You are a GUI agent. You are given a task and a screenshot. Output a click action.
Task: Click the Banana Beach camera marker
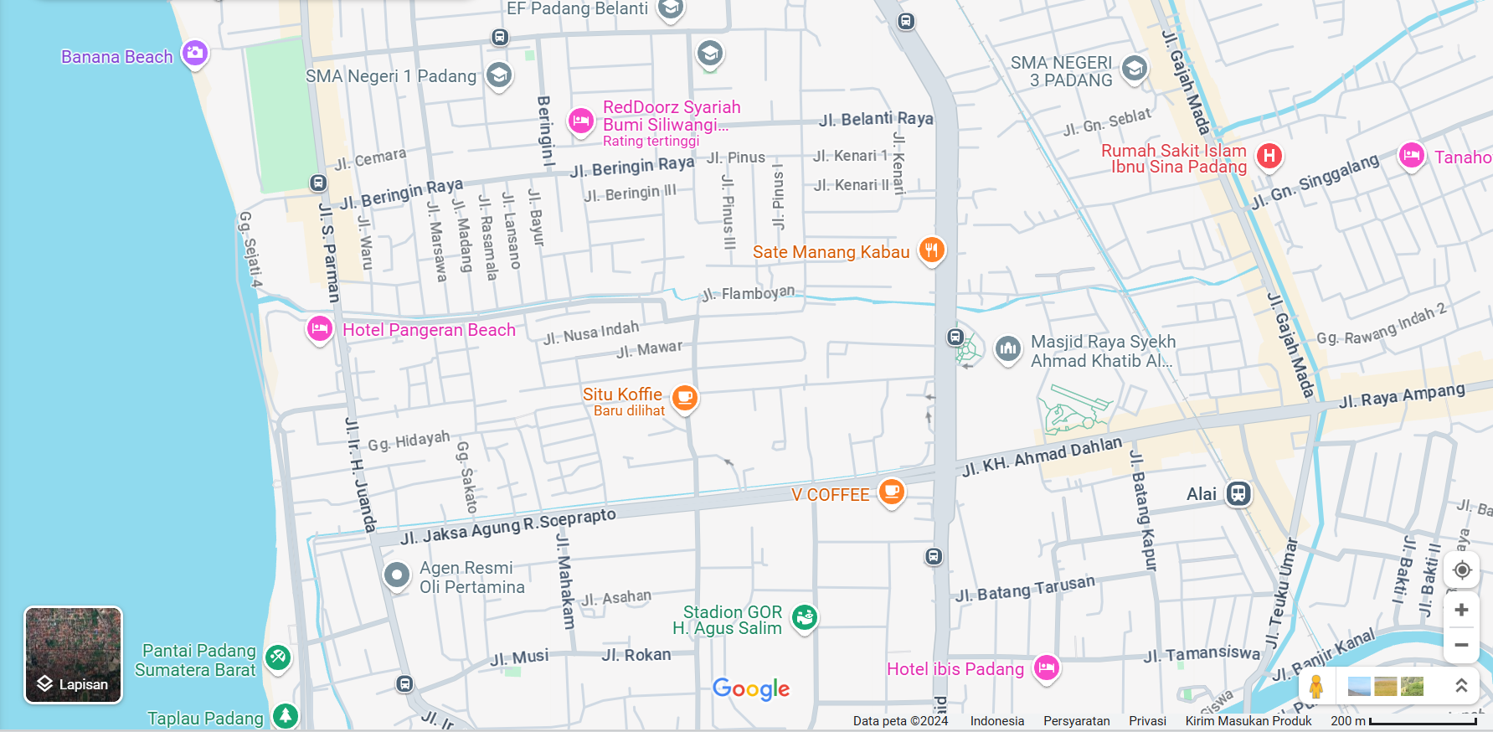pyautogui.click(x=194, y=54)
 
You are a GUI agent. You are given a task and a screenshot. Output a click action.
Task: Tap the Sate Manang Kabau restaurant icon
pyautogui.click(x=931, y=250)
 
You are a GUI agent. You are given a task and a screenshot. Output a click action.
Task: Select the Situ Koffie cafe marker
pyautogui.click(x=684, y=397)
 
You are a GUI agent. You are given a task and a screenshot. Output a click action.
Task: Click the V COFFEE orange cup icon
pyautogui.click(x=891, y=492)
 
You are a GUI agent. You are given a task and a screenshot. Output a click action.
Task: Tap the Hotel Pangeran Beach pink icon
pyautogui.click(x=319, y=329)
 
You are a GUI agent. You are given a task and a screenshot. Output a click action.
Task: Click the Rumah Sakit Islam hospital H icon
pyautogui.click(x=1269, y=156)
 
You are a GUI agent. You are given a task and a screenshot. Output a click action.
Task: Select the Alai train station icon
pyautogui.click(x=1238, y=493)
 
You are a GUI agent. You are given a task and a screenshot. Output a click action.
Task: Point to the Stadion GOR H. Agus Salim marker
pyautogui.click(x=805, y=618)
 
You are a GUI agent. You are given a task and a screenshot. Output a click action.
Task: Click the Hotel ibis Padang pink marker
pyautogui.click(x=1046, y=668)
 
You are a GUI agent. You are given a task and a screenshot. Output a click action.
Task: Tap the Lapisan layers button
pyautogui.click(x=73, y=655)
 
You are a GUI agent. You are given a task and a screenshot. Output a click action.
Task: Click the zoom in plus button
pyautogui.click(x=1461, y=610)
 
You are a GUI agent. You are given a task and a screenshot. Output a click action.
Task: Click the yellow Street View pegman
pyautogui.click(x=1316, y=687)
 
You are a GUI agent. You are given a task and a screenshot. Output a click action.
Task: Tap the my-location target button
pyautogui.click(x=1461, y=570)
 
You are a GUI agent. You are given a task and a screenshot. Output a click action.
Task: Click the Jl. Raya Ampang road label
pyautogui.click(x=1402, y=394)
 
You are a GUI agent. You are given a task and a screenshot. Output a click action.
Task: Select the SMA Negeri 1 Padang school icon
pyautogui.click(x=499, y=75)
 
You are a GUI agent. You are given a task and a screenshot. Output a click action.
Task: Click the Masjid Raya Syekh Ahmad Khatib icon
pyautogui.click(x=1007, y=348)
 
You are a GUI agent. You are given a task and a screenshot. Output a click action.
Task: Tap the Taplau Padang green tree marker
pyautogui.click(x=286, y=716)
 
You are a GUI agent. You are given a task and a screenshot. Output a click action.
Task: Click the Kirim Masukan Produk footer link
pyautogui.click(x=1248, y=721)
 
